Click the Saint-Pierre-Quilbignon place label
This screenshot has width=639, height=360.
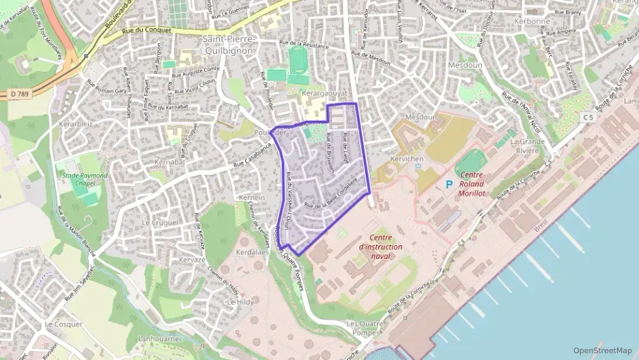pyautogui.click(x=228, y=45)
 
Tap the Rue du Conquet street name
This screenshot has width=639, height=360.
pyautogui.click(x=146, y=30)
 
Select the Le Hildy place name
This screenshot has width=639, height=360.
pyautogui.click(x=240, y=301)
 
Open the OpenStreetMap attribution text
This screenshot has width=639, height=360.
pyautogui.click(x=602, y=350)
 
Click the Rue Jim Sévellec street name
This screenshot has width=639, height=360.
pyautogui.click(x=81, y=284)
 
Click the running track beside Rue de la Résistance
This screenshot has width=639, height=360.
pyautogui.click(x=298, y=60)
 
